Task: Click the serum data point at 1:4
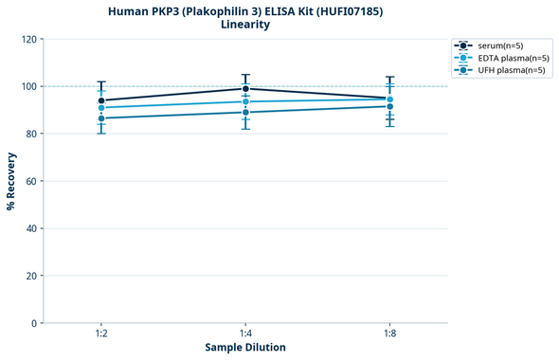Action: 245,89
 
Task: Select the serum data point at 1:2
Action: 101,100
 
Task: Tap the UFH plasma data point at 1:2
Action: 101,118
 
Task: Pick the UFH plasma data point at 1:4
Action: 245,112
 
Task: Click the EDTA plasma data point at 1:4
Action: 245,101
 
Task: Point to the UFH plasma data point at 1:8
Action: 390,106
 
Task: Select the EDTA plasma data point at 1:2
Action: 101,108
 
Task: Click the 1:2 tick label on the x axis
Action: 101,334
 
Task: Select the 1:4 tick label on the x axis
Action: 245,334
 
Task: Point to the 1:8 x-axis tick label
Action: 390,334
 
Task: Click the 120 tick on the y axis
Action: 29,40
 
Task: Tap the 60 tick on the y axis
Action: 32,181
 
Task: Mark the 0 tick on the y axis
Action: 35,323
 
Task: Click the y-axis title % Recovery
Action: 11,181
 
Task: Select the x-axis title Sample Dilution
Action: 245,348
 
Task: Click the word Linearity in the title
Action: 245,25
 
